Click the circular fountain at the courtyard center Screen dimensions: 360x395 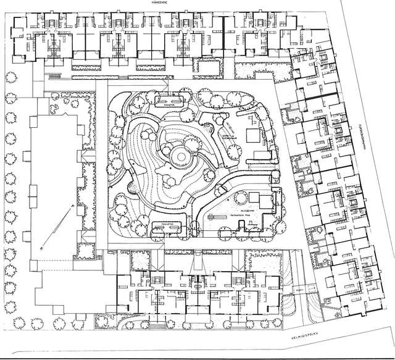click(x=178, y=157)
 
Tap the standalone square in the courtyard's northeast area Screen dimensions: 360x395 click(x=252, y=136)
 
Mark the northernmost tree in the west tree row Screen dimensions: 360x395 click(x=10, y=78)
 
